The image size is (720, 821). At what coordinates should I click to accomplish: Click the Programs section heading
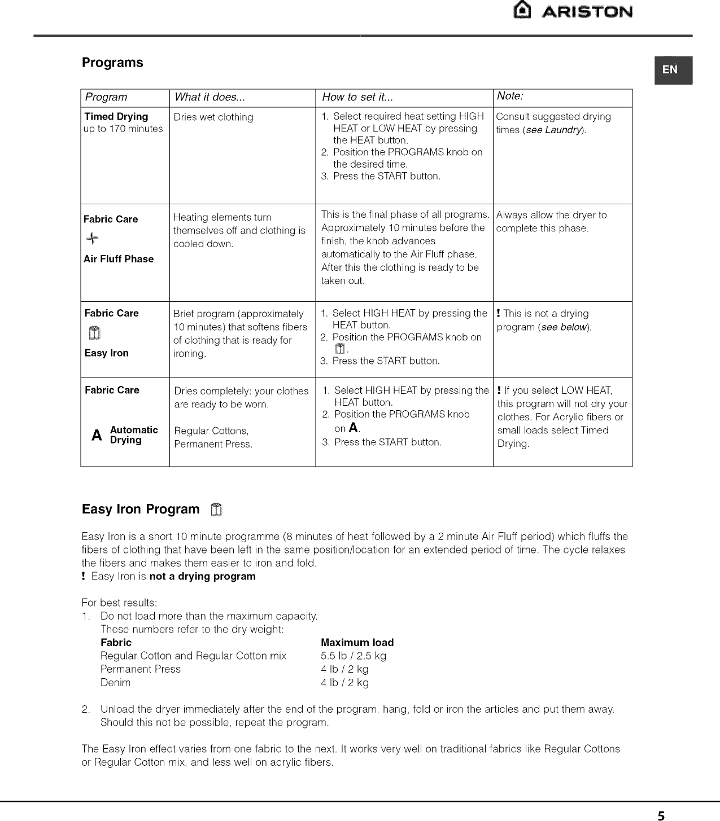(x=112, y=63)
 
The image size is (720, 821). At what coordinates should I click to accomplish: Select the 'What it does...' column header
(x=210, y=97)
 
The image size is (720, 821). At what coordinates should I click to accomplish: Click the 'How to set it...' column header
(x=357, y=97)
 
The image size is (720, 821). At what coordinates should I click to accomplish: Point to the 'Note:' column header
(x=510, y=96)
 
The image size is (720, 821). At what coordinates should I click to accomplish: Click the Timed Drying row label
(x=116, y=117)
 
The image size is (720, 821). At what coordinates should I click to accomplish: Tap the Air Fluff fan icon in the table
(x=92, y=239)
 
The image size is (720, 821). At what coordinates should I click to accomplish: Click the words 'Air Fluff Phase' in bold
(x=119, y=259)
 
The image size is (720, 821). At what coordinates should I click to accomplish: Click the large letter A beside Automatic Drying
(x=97, y=436)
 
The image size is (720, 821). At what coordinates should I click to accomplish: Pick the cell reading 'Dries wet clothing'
(x=213, y=117)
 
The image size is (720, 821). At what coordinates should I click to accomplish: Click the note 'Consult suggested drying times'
(x=553, y=122)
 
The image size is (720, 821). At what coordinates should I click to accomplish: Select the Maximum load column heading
(x=357, y=643)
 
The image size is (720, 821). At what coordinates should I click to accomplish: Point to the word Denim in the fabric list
(x=115, y=682)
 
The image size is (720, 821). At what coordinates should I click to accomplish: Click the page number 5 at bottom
(x=661, y=815)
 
